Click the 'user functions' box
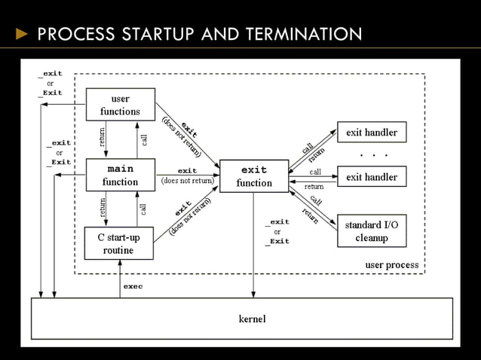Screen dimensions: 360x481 pyautogui.click(x=120, y=105)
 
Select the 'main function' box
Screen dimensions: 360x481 pyautogui.click(x=120, y=175)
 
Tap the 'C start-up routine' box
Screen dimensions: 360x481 pyautogui.click(x=118, y=244)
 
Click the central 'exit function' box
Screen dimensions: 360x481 pyautogui.click(x=254, y=175)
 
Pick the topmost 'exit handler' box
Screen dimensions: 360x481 pyautogui.click(x=372, y=133)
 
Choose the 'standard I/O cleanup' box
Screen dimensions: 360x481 pyautogui.click(x=372, y=231)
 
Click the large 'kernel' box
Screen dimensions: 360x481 pyautogui.click(x=252, y=319)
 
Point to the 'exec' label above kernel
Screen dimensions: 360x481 pyautogui.click(x=133, y=286)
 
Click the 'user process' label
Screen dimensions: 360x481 pyautogui.click(x=391, y=265)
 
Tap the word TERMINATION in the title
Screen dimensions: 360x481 pyautogui.click(x=302, y=34)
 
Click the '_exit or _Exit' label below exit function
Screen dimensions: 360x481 pyautogui.click(x=277, y=231)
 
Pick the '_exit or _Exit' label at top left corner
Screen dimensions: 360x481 pyautogui.click(x=51, y=83)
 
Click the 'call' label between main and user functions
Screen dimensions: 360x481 pyautogui.click(x=143, y=140)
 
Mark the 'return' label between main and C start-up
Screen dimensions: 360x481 pyautogui.click(x=103, y=209)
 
